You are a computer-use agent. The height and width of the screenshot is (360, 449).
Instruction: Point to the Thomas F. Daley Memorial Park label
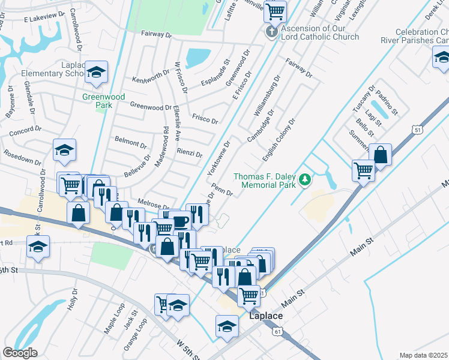265,181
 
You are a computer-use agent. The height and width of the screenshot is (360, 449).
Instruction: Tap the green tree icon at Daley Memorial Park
306,179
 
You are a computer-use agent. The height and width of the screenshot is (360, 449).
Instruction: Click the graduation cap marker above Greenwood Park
96,73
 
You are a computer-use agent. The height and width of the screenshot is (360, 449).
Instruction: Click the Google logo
20,353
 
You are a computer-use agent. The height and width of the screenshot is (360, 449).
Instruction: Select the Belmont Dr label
130,143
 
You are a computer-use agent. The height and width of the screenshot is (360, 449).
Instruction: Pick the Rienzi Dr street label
189,153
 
